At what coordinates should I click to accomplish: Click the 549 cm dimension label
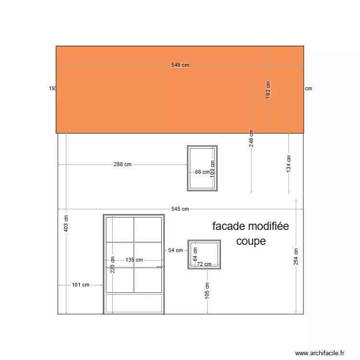coord(180,65)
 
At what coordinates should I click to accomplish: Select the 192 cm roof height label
coord(268,90)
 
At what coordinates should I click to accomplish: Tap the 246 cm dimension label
coord(251,138)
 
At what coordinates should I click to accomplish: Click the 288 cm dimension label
coord(122,164)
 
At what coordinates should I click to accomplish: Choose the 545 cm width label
coord(180,209)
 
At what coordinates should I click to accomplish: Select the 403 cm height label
coord(66,223)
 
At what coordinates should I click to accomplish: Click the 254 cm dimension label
coord(296,257)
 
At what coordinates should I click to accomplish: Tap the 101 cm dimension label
coord(81,285)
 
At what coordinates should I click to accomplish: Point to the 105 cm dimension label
coord(207,290)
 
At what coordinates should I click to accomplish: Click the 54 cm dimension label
coord(176,250)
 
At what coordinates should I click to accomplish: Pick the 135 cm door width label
coord(134,260)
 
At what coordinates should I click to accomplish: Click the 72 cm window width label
coord(204,264)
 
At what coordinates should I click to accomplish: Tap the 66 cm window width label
coord(202,172)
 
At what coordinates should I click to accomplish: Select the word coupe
coord(251,241)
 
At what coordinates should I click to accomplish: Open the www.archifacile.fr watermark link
coord(320,353)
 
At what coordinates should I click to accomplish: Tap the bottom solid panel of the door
coord(134,303)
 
